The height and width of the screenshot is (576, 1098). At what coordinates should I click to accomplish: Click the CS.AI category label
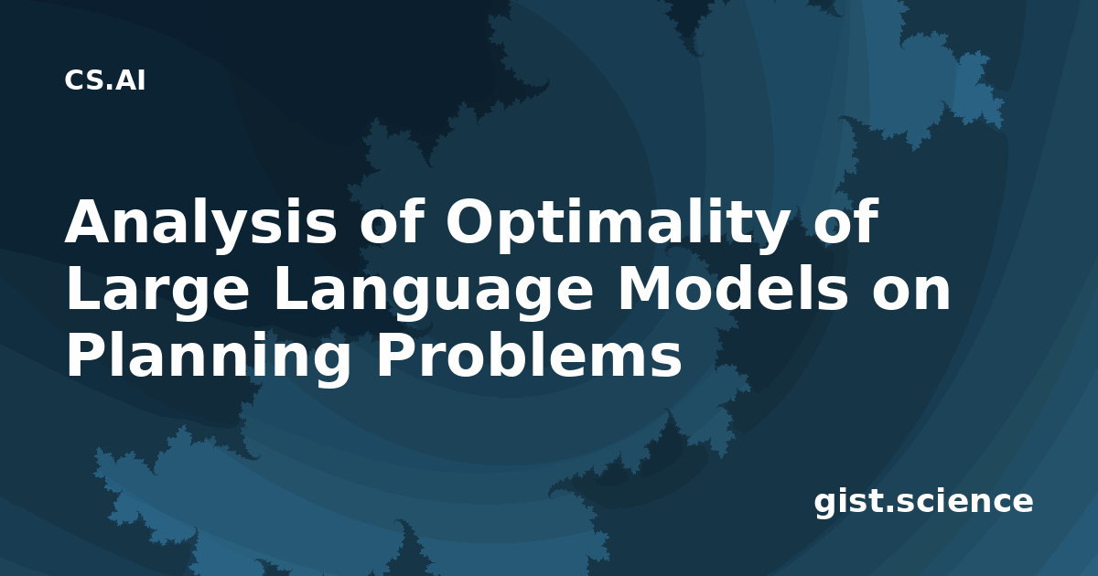105,80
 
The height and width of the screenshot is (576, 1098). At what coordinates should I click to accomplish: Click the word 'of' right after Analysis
392,220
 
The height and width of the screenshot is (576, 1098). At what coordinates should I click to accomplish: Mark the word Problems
530,356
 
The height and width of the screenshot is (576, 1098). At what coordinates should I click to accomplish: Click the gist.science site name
923,502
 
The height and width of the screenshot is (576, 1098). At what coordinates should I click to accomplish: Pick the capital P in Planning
87,357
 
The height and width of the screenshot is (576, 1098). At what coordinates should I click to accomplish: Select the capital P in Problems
396,357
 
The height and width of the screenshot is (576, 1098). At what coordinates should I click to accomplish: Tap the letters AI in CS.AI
131,80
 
